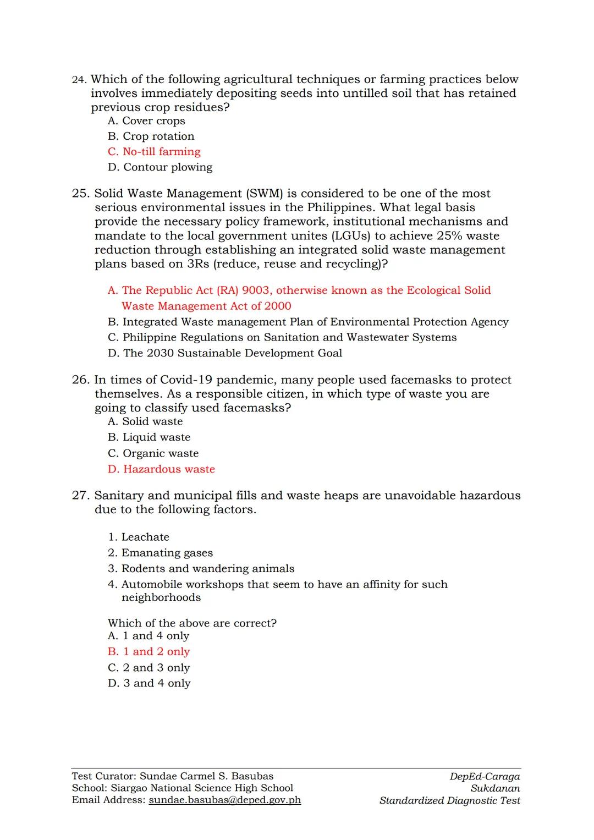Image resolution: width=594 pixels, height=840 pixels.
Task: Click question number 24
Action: pos(80,80)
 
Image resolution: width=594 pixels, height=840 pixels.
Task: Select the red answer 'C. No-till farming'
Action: pos(154,152)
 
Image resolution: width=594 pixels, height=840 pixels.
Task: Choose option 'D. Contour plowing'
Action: pos(160,167)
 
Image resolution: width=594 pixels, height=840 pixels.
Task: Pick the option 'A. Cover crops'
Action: pos(146,121)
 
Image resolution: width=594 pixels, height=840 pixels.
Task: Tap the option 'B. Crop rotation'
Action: pos(151,136)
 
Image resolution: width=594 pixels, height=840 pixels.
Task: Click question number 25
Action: pos(80,194)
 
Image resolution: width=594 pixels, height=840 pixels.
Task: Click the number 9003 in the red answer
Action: pos(256,290)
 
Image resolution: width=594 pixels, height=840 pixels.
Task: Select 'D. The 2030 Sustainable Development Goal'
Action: pos(225,353)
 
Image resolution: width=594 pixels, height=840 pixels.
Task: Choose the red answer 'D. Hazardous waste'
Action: pos(161,469)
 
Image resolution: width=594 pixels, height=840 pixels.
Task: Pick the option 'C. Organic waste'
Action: pos(153,453)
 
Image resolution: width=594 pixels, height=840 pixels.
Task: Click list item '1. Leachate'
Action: pos(139,537)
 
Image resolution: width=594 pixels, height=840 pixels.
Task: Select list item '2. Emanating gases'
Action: pos(160,553)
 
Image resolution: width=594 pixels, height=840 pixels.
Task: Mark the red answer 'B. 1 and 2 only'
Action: pos(148,652)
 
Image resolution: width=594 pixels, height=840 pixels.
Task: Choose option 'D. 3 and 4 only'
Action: pos(149,683)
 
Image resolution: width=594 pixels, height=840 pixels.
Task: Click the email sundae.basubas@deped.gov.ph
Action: pos(224,800)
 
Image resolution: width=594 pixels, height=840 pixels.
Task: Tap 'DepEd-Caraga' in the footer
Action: pos(484,776)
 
